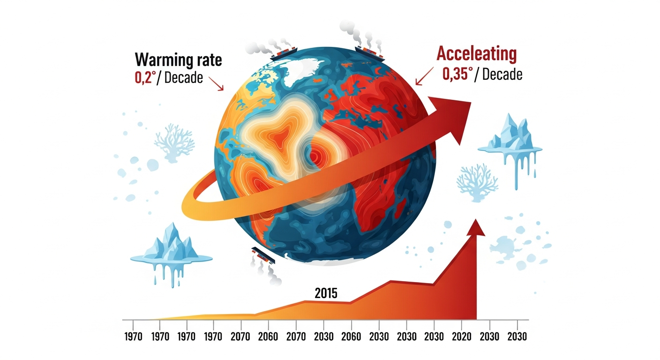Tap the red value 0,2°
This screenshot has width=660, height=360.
pos(145,77)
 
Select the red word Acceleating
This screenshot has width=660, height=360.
pos(476,54)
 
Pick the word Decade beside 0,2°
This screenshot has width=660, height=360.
pos(184,77)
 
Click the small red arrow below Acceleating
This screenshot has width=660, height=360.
pos(424,75)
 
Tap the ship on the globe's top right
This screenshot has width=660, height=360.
pos(370,53)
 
